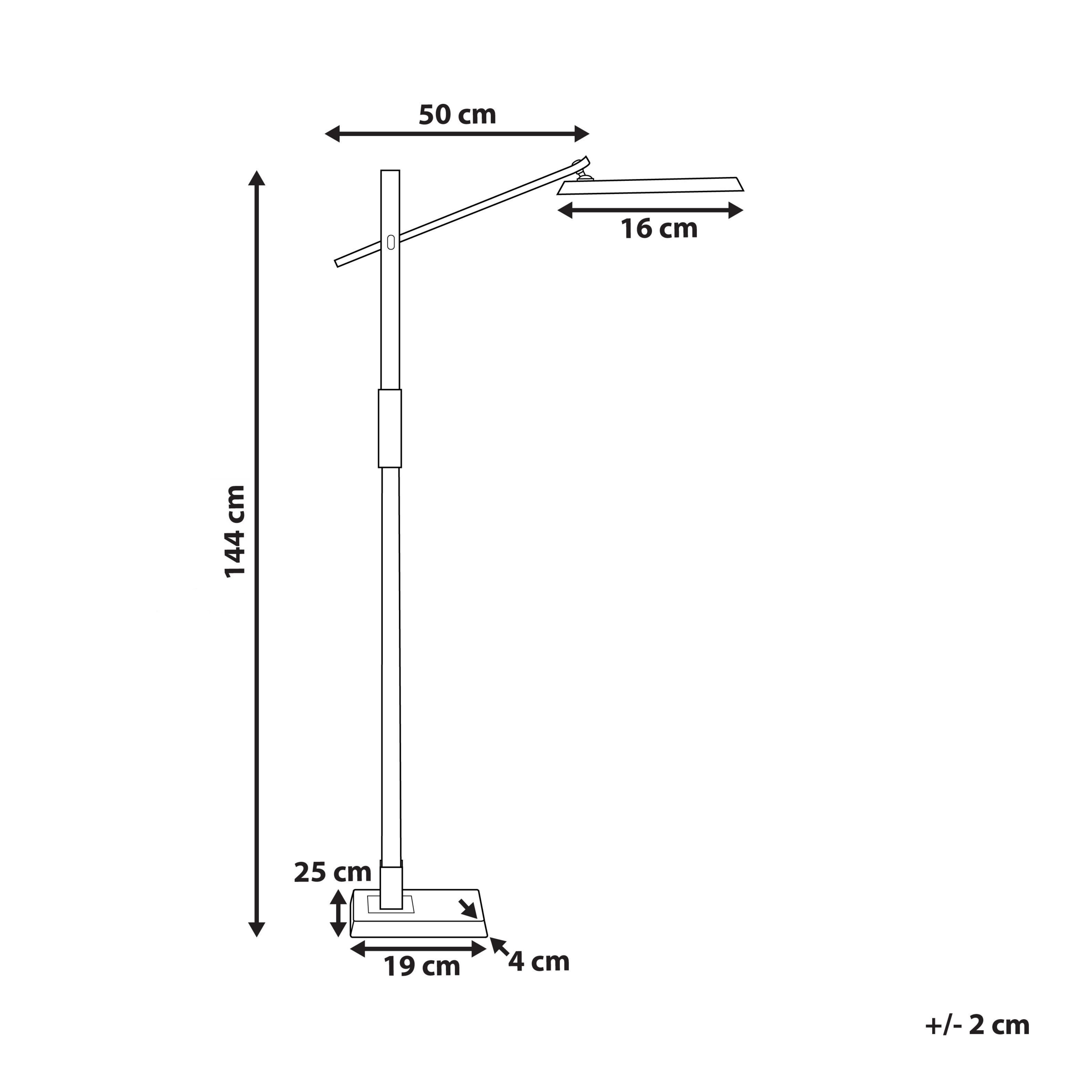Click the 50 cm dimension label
click(457, 115)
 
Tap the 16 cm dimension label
click(659, 229)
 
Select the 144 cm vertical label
click(234, 531)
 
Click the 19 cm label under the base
click(422, 966)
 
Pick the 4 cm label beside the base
click(539, 961)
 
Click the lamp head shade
click(650, 186)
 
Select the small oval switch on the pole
click(391, 242)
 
